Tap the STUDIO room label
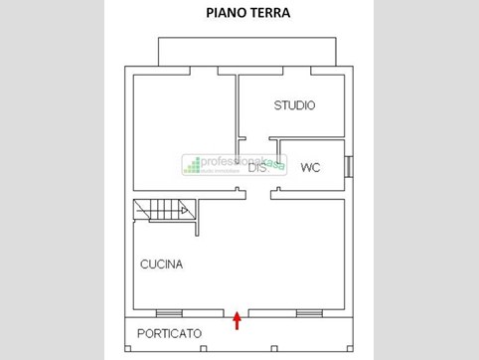point(295,104)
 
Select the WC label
point(310,167)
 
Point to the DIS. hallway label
point(257,169)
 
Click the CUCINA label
point(161,265)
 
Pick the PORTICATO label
point(169,333)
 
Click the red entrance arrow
point(237,320)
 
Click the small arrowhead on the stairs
point(186,209)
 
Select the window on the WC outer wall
point(348,166)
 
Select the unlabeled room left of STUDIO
point(183,129)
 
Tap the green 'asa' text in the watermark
point(275,164)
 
